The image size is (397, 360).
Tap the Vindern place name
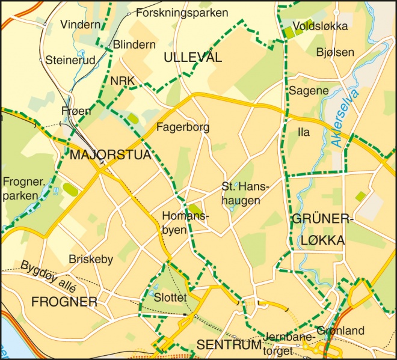79,25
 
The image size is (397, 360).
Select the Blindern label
134,44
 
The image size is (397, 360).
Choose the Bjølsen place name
335,52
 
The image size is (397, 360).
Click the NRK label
122,81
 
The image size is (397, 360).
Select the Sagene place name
309,91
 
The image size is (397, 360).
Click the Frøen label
76,111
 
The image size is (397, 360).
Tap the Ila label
304,132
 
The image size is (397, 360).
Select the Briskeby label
91,259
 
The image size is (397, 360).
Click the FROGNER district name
64,302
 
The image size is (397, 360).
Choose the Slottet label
171,298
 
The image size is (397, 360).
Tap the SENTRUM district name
229,345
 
